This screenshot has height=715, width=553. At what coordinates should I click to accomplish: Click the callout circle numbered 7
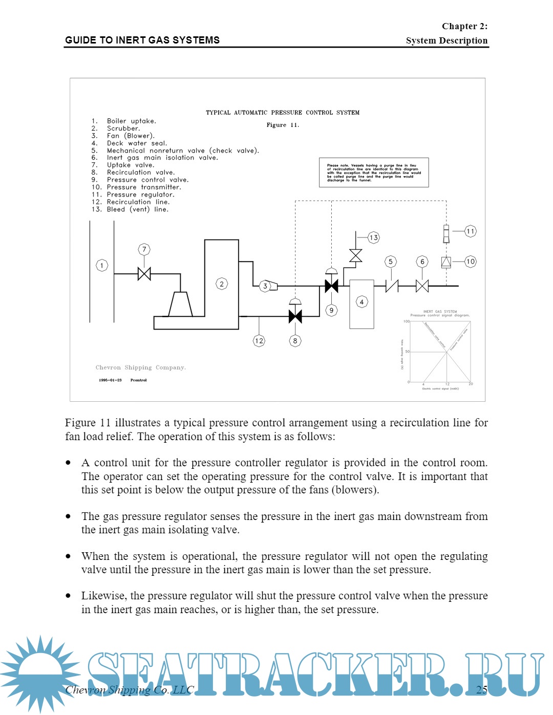(x=144, y=249)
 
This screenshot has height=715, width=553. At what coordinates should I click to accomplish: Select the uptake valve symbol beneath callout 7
(x=144, y=274)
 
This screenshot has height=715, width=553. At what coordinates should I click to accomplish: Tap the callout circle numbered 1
(x=102, y=265)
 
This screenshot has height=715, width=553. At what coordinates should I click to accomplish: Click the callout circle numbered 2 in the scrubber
(x=222, y=284)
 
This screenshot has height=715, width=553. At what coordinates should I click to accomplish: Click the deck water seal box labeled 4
(x=361, y=304)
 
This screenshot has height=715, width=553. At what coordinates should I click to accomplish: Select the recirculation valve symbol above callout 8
(x=295, y=316)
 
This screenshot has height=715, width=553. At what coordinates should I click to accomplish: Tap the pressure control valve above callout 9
(x=331, y=285)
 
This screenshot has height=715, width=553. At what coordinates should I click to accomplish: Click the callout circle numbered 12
(x=259, y=340)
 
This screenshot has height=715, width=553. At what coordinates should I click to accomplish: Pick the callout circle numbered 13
(x=374, y=237)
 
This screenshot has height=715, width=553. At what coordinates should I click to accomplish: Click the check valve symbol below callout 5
(x=392, y=286)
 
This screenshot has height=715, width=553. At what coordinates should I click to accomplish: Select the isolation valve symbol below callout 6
(x=422, y=286)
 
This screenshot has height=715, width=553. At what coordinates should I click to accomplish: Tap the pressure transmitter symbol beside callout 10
(x=446, y=262)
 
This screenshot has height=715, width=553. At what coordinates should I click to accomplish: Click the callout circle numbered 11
(x=471, y=231)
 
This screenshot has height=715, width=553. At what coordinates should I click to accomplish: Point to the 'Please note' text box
(x=374, y=172)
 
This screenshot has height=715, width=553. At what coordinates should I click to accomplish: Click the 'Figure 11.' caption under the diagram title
(x=283, y=125)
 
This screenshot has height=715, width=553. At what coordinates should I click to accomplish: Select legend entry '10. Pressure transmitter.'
(x=137, y=187)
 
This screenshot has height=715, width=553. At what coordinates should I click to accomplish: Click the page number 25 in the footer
(x=482, y=689)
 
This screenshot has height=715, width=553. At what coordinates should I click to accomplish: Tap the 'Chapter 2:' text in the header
(x=464, y=26)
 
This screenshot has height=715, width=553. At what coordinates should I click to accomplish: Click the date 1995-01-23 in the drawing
(x=110, y=380)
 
